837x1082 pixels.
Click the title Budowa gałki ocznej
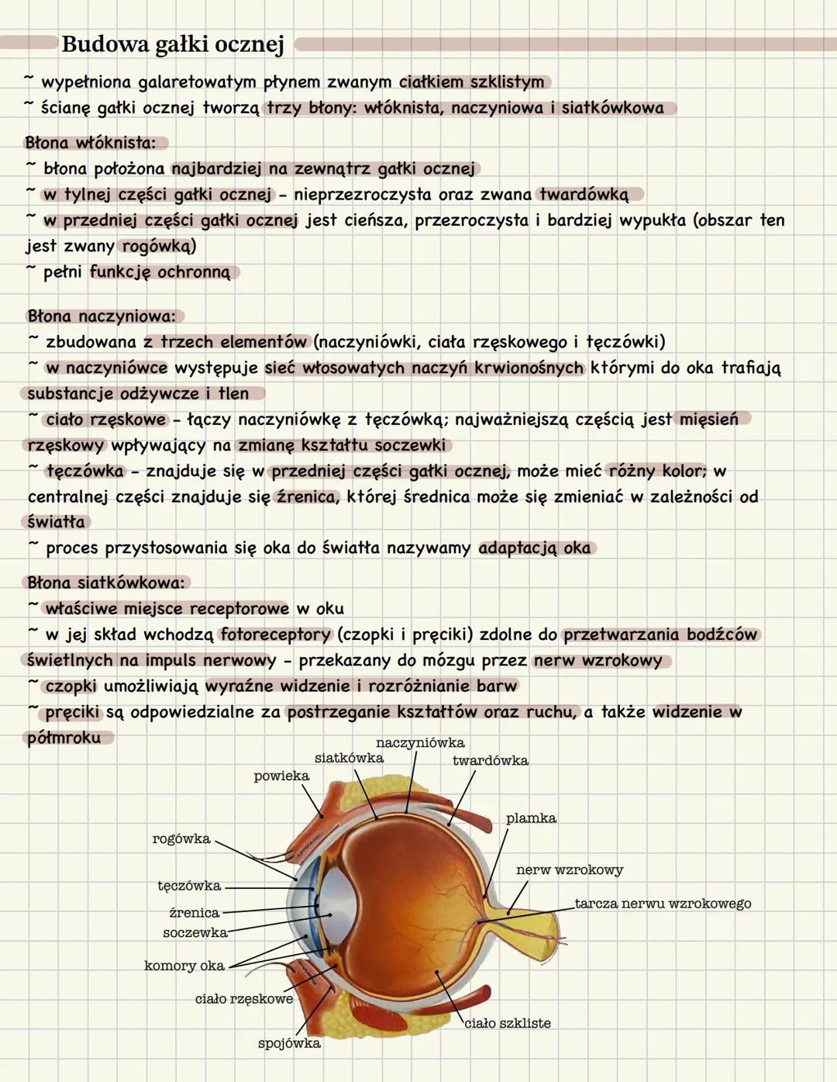(173, 44)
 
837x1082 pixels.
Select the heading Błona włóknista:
(91, 143)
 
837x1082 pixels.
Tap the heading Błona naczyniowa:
(102, 316)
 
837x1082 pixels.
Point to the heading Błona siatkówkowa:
(106, 582)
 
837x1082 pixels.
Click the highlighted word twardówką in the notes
(584, 194)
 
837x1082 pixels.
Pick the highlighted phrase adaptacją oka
(535, 548)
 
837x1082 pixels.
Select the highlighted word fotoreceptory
(276, 634)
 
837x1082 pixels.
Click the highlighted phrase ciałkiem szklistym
(472, 82)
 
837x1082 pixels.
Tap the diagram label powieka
(281, 776)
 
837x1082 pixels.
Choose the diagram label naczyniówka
(420, 743)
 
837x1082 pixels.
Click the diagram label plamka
(531, 818)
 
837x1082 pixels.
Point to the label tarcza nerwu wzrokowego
(663, 904)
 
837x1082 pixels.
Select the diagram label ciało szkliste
(508, 1023)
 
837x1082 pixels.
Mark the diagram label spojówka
(289, 1043)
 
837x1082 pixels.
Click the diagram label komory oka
(184, 966)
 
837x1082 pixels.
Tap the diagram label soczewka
(195, 932)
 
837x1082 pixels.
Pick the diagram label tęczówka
(189, 886)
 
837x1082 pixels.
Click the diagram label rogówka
(181, 838)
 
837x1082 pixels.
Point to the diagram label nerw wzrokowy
(570, 870)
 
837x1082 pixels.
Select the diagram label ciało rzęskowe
(244, 999)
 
